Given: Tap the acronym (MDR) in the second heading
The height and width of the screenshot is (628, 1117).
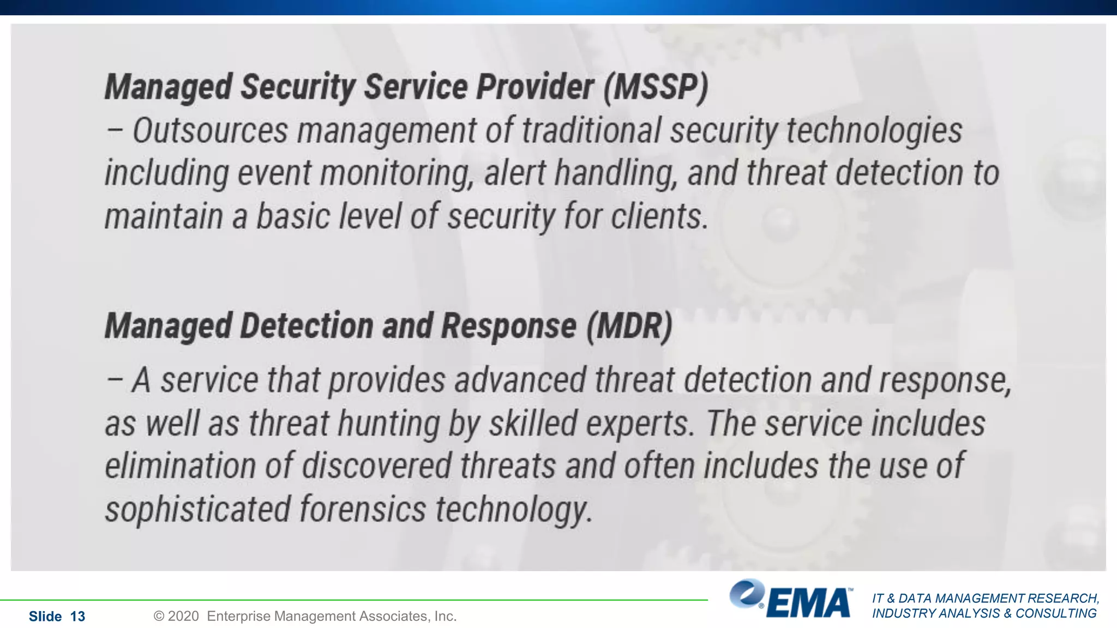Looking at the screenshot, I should tap(629, 327).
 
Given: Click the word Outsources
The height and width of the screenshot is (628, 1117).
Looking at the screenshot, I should tap(210, 131).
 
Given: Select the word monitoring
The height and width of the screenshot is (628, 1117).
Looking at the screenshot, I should tap(397, 173).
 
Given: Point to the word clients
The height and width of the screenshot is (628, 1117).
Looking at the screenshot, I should tap(659, 216).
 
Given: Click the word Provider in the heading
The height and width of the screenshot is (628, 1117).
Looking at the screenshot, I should tap(535, 87).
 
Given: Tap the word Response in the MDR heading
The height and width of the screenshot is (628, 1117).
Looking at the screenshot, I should tap(508, 327).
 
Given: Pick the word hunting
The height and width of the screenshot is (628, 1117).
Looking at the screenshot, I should tap(388, 424).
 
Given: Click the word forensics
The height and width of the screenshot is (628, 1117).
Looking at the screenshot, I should tap(363, 510).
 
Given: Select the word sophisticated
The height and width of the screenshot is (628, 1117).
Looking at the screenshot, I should tap(197, 510).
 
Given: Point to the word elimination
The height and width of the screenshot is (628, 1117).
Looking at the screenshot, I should tap(180, 467).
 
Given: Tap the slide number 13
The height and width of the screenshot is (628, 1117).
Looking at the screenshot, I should tap(77, 617).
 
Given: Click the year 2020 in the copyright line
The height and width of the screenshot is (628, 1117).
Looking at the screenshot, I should tap(183, 617).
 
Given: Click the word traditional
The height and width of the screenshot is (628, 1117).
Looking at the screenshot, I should tap(591, 131).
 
